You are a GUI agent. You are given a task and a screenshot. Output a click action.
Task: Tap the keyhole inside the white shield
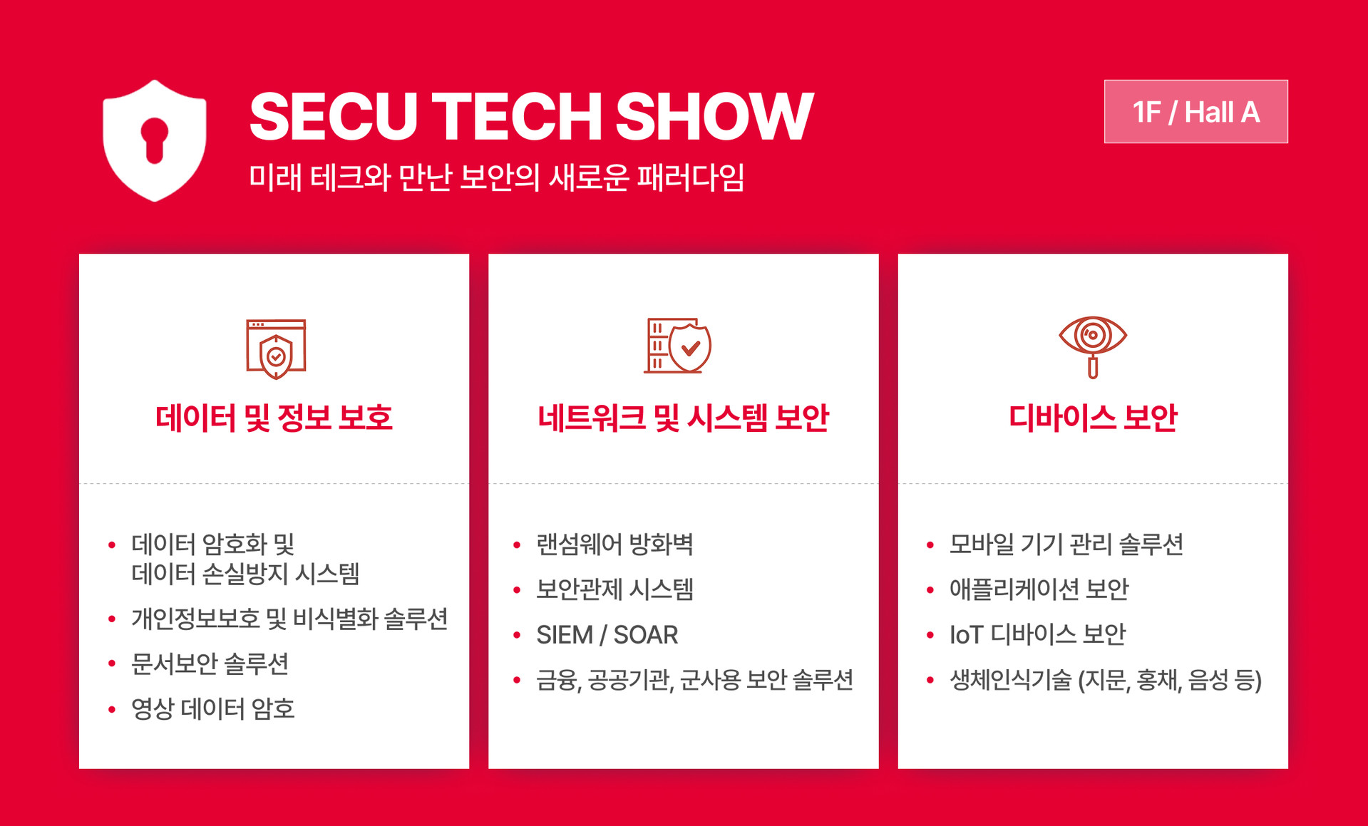pos(154,139)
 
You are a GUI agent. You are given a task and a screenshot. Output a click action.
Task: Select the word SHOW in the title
pos(714,116)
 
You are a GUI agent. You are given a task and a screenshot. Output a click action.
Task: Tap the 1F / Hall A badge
pos(1195,112)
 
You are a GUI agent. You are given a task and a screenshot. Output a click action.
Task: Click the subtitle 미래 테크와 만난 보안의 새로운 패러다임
pos(496,177)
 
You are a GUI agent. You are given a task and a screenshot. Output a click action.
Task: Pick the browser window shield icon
pos(276,349)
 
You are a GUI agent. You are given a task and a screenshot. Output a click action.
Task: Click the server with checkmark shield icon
pos(677,346)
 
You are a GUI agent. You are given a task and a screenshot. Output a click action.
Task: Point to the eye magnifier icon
pos(1092,346)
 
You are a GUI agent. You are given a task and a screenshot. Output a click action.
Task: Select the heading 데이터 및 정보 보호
pos(274,418)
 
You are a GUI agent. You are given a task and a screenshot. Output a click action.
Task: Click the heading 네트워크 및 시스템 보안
pos(683,418)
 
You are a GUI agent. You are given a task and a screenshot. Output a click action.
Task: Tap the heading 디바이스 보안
pos(1092,418)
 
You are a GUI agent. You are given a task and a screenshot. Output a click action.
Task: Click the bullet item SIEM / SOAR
pos(607,634)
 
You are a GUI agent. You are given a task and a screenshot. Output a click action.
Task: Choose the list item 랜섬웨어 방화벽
pos(614,544)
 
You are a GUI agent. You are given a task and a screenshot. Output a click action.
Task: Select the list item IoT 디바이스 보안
pos(1037,634)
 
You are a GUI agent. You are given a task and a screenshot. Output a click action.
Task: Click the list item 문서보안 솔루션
pos(210,664)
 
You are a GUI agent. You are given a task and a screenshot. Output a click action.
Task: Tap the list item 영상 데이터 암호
pos(212,708)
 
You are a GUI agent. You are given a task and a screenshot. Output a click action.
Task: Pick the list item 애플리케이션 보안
pos(1039,589)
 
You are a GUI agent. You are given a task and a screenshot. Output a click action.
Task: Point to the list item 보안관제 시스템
pos(614,589)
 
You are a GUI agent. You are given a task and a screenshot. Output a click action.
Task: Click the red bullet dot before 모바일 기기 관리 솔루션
pos(930,545)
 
